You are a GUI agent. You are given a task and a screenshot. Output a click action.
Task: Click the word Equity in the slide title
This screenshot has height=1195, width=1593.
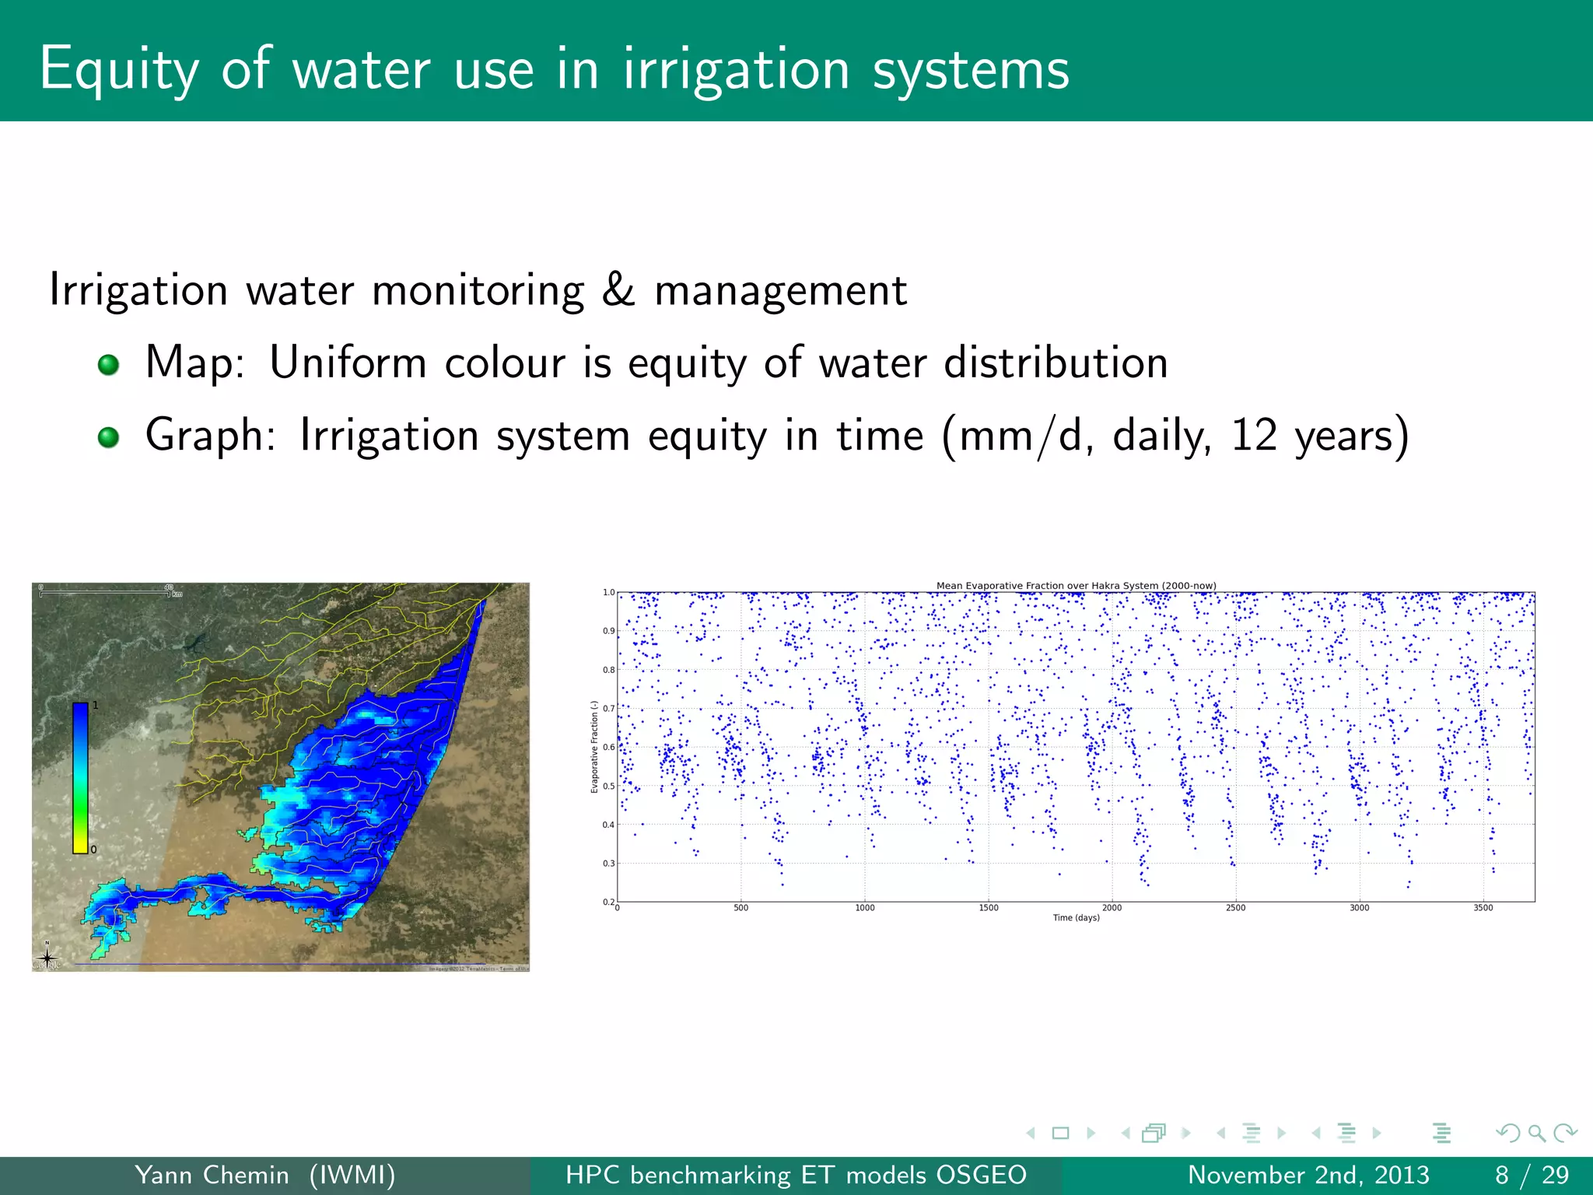point(118,70)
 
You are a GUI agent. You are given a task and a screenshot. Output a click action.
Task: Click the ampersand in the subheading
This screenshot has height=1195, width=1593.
point(618,290)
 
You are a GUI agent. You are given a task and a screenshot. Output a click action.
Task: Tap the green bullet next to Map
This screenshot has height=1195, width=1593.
point(108,364)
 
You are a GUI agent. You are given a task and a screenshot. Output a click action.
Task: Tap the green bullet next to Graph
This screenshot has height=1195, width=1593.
point(108,436)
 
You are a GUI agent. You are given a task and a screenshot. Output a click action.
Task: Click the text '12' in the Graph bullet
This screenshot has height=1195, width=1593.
point(1254,435)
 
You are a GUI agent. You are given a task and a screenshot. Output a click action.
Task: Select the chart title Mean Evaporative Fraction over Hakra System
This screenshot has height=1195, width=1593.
point(1076,586)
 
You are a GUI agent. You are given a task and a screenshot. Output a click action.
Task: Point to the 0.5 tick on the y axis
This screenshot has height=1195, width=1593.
point(608,786)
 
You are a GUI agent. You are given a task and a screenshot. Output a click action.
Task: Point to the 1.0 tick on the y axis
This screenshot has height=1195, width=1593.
point(608,592)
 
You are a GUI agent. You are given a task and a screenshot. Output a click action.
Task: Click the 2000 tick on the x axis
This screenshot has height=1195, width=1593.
point(1112,908)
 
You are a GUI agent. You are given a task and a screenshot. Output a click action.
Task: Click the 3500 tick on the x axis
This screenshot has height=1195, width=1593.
point(1483,908)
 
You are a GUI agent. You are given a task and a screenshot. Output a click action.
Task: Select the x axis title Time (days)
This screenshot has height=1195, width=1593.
point(1076,918)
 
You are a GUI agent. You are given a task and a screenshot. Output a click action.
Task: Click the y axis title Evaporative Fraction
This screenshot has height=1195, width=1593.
point(594,747)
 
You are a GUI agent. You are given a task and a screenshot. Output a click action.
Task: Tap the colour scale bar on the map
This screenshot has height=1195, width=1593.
point(80,778)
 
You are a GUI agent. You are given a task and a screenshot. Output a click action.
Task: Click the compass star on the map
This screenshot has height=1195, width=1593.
point(47,956)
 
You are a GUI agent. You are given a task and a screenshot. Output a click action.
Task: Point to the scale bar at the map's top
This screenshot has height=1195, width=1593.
point(105,594)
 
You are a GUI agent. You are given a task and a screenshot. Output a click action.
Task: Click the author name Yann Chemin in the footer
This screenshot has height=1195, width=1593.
point(212,1175)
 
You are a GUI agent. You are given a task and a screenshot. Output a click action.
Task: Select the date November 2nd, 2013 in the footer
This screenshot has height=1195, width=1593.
point(1308,1175)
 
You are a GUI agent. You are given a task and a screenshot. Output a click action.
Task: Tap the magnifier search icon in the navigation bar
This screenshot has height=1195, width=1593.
point(1536,1134)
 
